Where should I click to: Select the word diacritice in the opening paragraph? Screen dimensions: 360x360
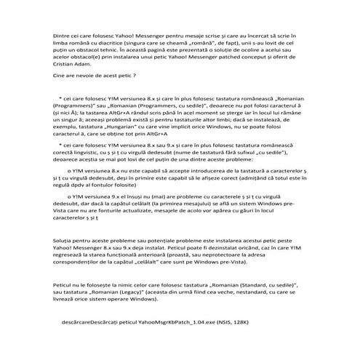(109, 44)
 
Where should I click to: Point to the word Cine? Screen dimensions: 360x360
(60, 75)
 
